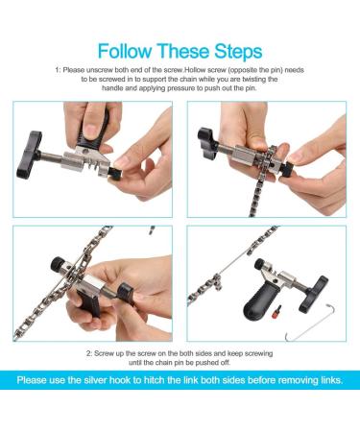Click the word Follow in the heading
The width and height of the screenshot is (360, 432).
pyautogui.click(x=125, y=51)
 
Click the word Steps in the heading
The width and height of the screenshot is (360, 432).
pyautogui.click(x=238, y=52)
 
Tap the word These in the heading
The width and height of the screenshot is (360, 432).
pyautogui.click(x=182, y=51)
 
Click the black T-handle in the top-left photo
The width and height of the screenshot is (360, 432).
pyautogui.click(x=29, y=155)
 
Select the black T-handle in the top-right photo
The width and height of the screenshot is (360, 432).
pyautogui.click(x=207, y=142)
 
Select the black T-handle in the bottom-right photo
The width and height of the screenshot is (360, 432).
pyautogui.click(x=313, y=294)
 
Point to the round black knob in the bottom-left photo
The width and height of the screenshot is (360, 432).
pyautogui.click(x=58, y=264)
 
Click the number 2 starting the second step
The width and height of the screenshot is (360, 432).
pyautogui.click(x=89, y=354)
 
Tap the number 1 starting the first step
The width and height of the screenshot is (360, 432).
pyautogui.click(x=58, y=70)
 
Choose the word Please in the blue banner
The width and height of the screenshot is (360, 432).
pyautogui.click(x=32, y=380)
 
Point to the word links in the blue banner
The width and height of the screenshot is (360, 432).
pyautogui.click(x=331, y=380)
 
